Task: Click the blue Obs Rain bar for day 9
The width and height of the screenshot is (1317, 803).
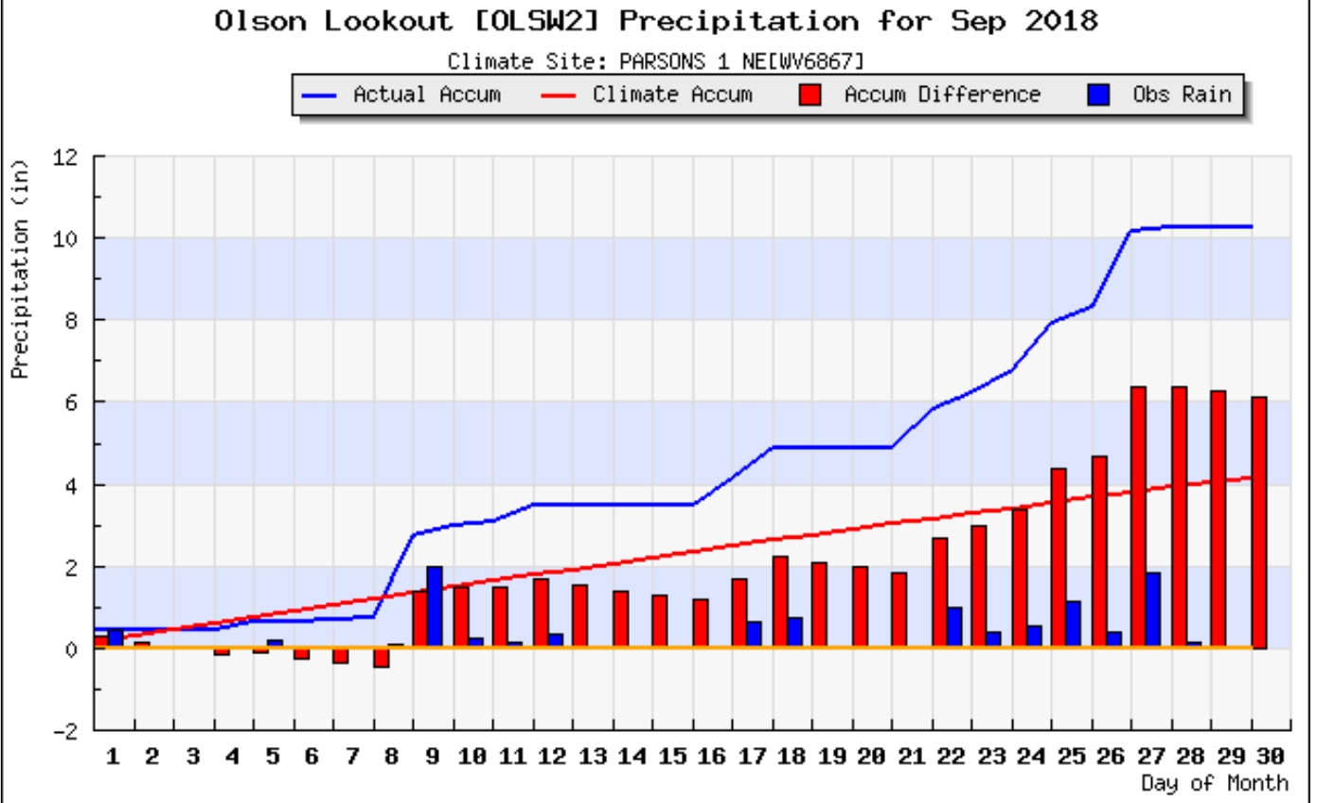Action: click(x=435, y=607)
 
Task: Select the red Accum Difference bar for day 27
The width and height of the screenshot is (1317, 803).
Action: click(x=1138, y=517)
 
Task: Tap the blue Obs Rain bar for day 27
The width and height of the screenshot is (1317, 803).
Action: click(x=1152, y=611)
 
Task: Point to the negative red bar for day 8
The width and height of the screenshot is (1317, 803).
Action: click(x=381, y=658)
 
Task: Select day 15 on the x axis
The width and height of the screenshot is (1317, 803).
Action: click(x=671, y=758)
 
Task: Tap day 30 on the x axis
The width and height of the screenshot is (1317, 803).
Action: click(x=1271, y=758)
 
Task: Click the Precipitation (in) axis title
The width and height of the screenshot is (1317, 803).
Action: click(x=21, y=269)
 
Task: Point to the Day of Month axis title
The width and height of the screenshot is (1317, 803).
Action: click(x=1214, y=783)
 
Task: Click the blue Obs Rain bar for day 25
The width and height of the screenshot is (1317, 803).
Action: click(x=1073, y=625)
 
